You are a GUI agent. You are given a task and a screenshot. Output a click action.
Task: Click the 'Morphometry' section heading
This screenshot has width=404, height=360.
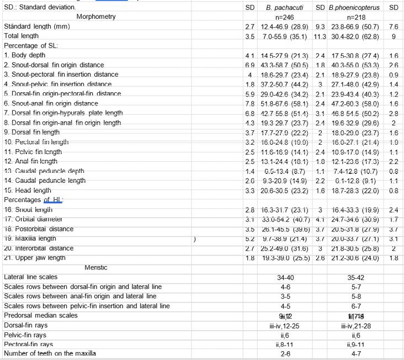pyautogui.click(x=96, y=17)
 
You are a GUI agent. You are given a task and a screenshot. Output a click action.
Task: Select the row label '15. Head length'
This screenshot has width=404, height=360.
pyautogui.click(x=27, y=190)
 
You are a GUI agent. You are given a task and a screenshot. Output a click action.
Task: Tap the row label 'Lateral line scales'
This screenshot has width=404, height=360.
pyautogui.click(x=30, y=277)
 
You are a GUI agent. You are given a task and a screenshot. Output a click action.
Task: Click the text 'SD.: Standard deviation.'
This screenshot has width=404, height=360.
pyautogui.click(x=40, y=7)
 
